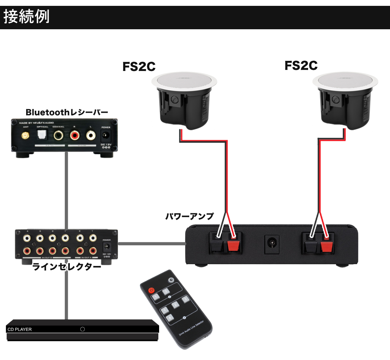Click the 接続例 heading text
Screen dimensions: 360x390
click(27, 18)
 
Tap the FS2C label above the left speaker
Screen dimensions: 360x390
click(139, 67)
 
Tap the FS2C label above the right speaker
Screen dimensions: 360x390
click(301, 65)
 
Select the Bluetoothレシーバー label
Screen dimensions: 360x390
click(67, 113)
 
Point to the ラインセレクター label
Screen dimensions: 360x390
click(67, 267)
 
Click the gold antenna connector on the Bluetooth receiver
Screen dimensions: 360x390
click(25, 136)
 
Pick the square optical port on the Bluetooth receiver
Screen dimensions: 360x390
click(42, 135)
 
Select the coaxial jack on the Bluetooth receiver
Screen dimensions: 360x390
click(59, 136)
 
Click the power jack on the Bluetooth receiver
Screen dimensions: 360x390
click(105, 136)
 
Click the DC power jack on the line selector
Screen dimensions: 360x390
click(106, 247)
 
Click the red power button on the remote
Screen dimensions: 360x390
click(151, 290)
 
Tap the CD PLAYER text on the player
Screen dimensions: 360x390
click(19, 330)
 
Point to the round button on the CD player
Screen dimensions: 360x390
click(82, 329)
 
